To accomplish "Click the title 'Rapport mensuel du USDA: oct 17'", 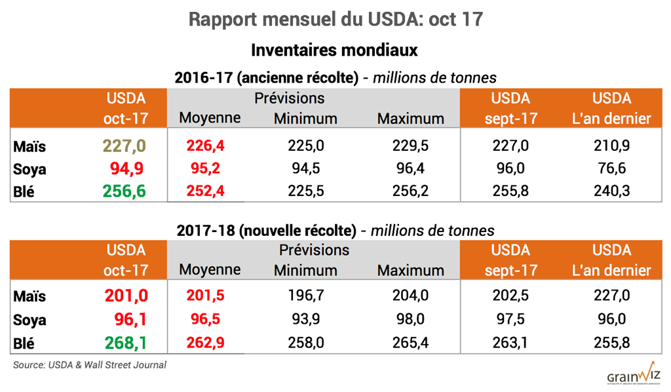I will [x=335, y=19].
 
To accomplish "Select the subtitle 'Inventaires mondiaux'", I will [x=335, y=50].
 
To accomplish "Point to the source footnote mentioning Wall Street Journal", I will [x=90, y=365].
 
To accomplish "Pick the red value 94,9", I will [x=128, y=168].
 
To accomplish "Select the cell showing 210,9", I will [x=611, y=147].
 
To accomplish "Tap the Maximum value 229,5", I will [x=411, y=147].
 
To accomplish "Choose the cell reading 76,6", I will [x=611, y=168].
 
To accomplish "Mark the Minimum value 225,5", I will [x=305, y=190].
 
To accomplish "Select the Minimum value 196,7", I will [x=305, y=296].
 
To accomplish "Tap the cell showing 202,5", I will [x=510, y=296].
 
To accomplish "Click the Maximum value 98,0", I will [x=411, y=319].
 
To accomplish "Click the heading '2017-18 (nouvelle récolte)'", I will [x=266, y=230].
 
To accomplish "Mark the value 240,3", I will [x=611, y=190].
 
